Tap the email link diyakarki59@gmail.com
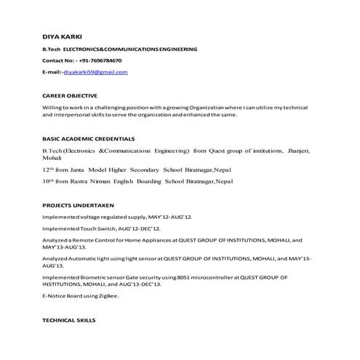[95, 72]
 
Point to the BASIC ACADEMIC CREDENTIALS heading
[88, 139]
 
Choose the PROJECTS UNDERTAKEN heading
[78, 205]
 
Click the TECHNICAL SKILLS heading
[68, 320]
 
